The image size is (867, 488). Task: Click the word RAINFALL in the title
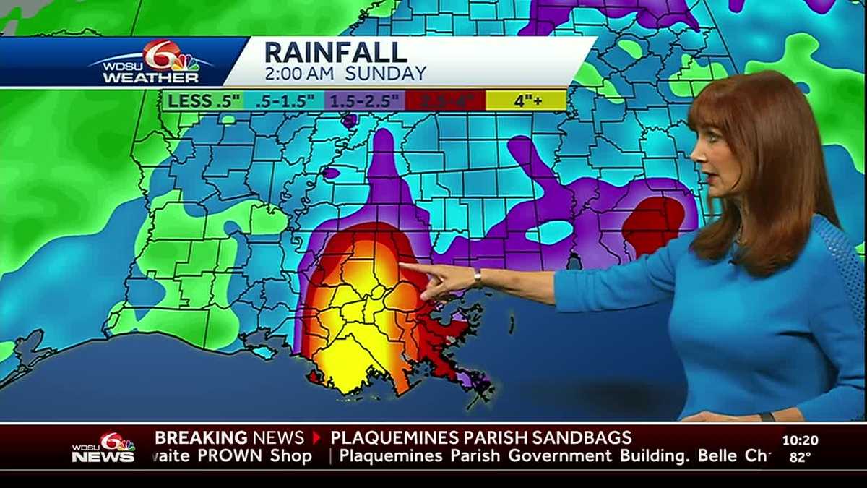click(335, 53)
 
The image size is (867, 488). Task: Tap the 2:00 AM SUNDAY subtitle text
click(345, 73)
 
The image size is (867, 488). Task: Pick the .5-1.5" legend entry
click(283, 100)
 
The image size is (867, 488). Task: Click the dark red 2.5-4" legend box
click(444, 100)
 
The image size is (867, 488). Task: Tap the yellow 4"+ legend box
click(527, 100)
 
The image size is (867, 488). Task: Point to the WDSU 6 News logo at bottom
click(103, 448)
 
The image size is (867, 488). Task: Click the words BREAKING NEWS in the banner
click(229, 437)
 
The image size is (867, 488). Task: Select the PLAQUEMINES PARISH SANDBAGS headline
click(480, 437)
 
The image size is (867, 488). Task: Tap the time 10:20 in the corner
click(800, 440)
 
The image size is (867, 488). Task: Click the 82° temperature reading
click(800, 456)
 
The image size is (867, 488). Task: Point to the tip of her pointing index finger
click(402, 266)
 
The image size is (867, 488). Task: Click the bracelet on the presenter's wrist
click(478, 278)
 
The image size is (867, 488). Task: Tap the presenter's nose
click(695, 153)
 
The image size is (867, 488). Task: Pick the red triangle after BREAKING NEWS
click(316, 437)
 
